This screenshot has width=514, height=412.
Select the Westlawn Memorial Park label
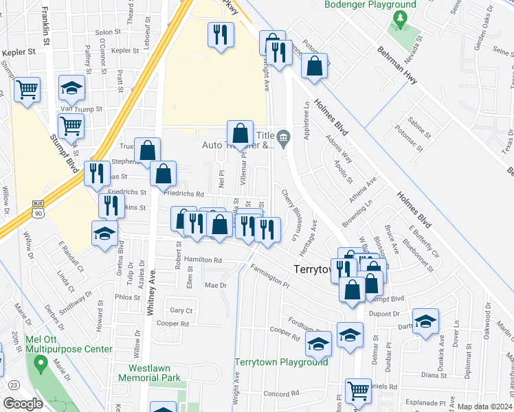[150, 372]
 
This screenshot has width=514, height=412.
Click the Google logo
[23, 404]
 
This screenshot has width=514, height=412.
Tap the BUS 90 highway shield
[38, 209]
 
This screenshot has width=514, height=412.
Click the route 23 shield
[13, 385]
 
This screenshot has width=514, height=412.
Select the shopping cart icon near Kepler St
[27, 89]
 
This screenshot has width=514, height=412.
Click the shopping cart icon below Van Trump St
[71, 126]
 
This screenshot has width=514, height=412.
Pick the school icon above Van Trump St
[71, 87]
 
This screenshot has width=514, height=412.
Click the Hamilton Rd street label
[203, 260]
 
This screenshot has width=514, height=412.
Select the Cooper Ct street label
[172, 323]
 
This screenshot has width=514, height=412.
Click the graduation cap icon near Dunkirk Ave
[425, 321]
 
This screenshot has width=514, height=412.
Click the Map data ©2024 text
[484, 406]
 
